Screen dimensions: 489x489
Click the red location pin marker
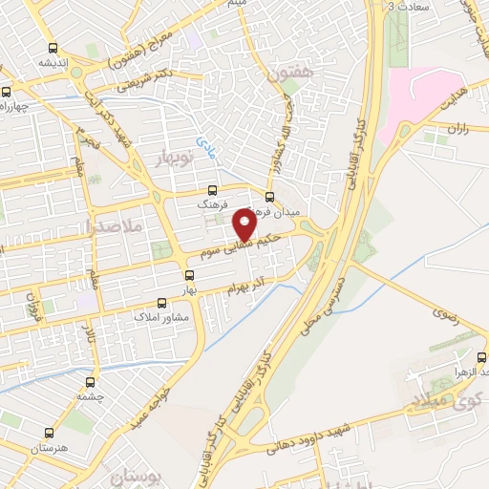[x=244, y=224]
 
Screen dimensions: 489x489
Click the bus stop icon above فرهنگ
[x=212, y=190]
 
